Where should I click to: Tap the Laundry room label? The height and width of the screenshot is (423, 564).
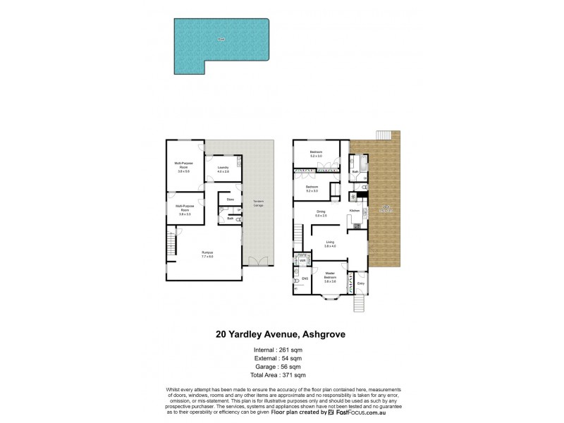tap(223, 168)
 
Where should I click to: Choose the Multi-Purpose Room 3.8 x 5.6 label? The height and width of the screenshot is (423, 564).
tap(185, 167)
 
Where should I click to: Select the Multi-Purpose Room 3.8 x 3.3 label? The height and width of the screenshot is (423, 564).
tap(185, 209)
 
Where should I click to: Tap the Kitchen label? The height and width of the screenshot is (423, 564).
tap(355, 211)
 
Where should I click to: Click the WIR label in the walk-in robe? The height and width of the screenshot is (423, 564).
tap(302, 261)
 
